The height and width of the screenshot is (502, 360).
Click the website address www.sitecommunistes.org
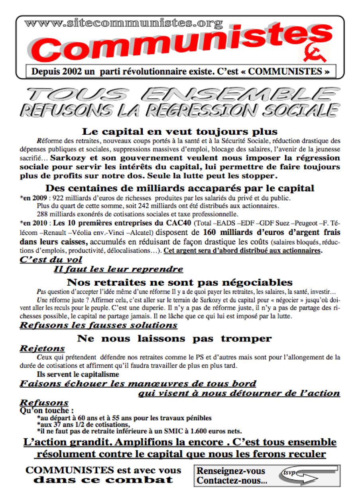click(x=123, y=24)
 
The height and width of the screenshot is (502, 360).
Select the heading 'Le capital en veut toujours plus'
click(x=180, y=131)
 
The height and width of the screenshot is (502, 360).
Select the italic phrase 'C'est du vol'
click(x=51, y=260)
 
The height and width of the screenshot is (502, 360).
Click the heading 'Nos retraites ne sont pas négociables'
click(x=179, y=282)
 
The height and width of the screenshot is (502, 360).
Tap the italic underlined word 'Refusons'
click(x=44, y=403)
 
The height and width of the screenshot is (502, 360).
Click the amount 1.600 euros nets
click(x=221, y=431)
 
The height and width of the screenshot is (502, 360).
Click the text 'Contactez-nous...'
click(x=232, y=480)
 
